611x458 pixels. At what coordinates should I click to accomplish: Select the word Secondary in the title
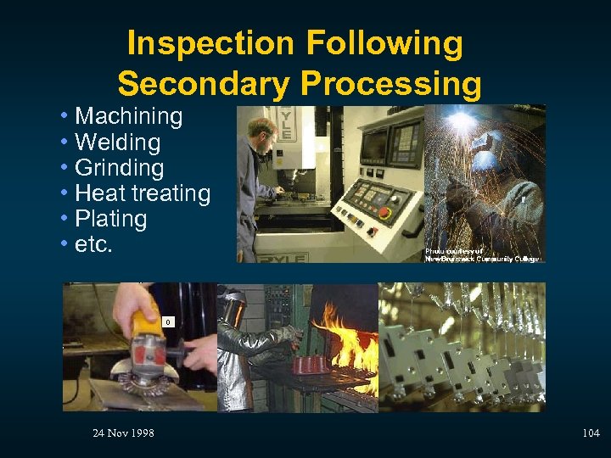pos(204,84)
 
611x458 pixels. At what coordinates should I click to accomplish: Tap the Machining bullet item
pos(128,116)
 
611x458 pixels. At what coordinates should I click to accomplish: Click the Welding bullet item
pos(117,142)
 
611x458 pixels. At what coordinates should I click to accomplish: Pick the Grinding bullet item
pos(119,167)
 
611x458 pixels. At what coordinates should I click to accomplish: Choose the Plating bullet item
pos(110,219)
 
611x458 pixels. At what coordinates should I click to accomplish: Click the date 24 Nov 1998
pos(123,433)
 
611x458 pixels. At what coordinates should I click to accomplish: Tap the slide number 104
pos(591,433)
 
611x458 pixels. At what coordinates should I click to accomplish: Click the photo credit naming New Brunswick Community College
pos(483,254)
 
